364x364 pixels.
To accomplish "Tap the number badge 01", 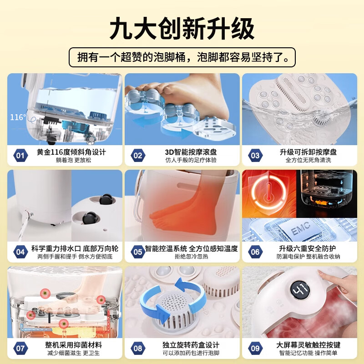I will pos(20,156).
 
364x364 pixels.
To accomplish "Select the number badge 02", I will pos(137,156).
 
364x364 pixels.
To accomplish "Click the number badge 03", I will pos(255,156).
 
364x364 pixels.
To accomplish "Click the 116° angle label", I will pos(18,117).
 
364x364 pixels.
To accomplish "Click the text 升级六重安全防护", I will pos(307,248).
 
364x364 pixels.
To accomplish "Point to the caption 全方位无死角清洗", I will pos(307,161).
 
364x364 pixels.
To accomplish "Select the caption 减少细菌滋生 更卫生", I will pos(71,354).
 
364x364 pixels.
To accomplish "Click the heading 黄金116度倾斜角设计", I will pos(71,152).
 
